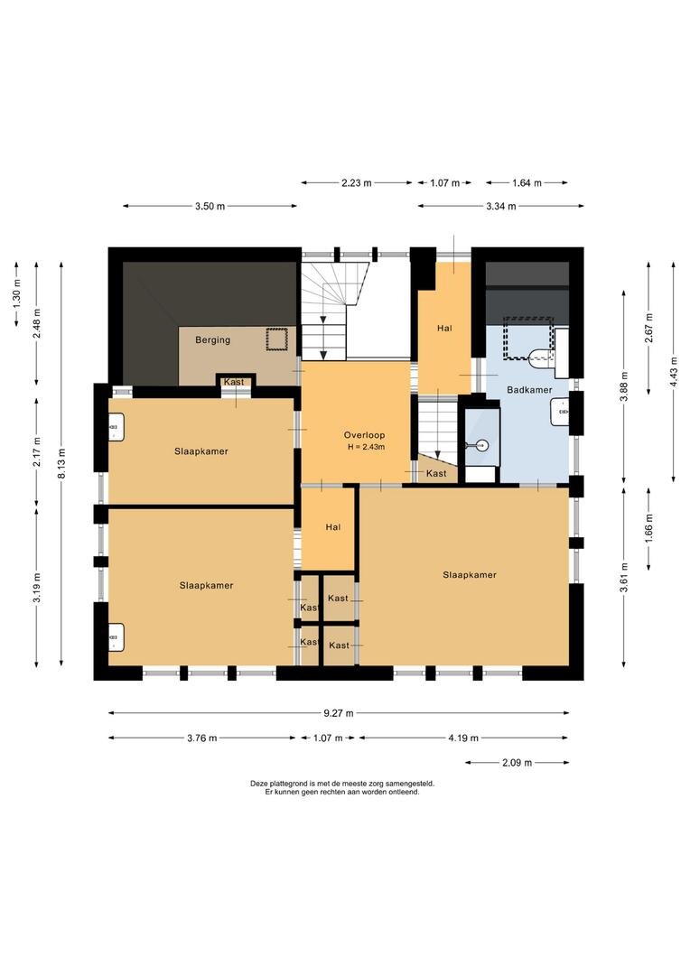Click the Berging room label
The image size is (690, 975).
pos(213,340)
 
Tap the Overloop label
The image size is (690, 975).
pos(365,435)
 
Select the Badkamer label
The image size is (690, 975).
pos(529,390)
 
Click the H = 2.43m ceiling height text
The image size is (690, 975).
pos(366,447)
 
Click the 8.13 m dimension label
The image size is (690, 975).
pos(61,463)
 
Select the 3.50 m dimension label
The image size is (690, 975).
pos(210,207)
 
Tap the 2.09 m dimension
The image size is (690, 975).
pos(517,762)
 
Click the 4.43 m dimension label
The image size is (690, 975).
pos(673,372)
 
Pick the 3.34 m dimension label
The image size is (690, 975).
pos(501,207)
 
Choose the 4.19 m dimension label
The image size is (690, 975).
pos(463,738)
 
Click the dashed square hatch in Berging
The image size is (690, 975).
pos(276,339)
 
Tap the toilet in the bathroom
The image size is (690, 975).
pos(539,356)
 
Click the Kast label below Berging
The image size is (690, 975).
pos(234,382)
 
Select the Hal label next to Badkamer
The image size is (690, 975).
pos(445,329)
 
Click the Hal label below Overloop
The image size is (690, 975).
pos(333,527)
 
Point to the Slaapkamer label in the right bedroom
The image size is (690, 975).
pos(470,575)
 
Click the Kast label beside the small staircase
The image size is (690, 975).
pos(436,473)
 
